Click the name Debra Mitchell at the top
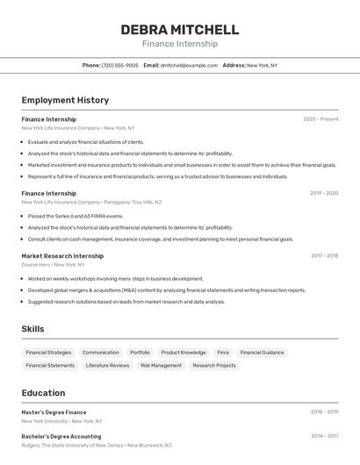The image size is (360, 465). click(179, 30)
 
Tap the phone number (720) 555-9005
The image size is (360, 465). click(119, 65)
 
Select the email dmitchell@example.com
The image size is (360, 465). click(189, 65)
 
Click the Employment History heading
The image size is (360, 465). click(65, 100)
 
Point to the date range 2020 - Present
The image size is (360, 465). click(320, 119)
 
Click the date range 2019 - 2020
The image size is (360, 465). click(323, 193)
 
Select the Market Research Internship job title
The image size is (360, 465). click(63, 256)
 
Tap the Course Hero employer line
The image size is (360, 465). click(53, 264)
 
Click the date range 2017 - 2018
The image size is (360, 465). click(324, 256)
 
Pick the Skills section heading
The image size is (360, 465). click(33, 329)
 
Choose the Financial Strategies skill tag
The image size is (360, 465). click(48, 353)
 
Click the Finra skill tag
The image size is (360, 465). click(223, 353)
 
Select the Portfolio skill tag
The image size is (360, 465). click(140, 353)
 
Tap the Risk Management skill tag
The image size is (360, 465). click(161, 366)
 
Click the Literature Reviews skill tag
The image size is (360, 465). click(107, 366)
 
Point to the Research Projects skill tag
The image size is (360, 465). click(214, 366)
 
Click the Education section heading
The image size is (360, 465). click(43, 393)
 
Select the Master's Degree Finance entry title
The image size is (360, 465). click(54, 412)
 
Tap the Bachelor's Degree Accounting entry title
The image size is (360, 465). click(61, 436)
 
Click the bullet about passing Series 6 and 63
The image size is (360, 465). click(76, 216)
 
